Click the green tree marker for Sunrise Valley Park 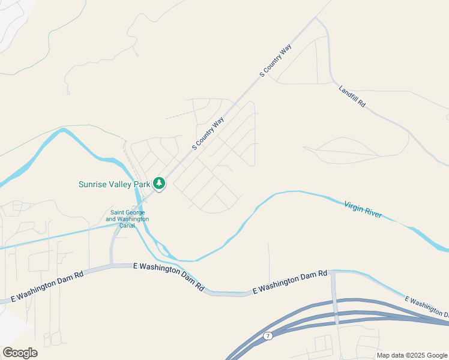[159, 183]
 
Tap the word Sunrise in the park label [93, 184]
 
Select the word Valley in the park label [121, 184]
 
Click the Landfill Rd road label [352, 96]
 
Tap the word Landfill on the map [349, 93]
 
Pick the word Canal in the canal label [127, 226]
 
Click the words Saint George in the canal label [127, 212]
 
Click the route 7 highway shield [268, 335]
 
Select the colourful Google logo [20, 353]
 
